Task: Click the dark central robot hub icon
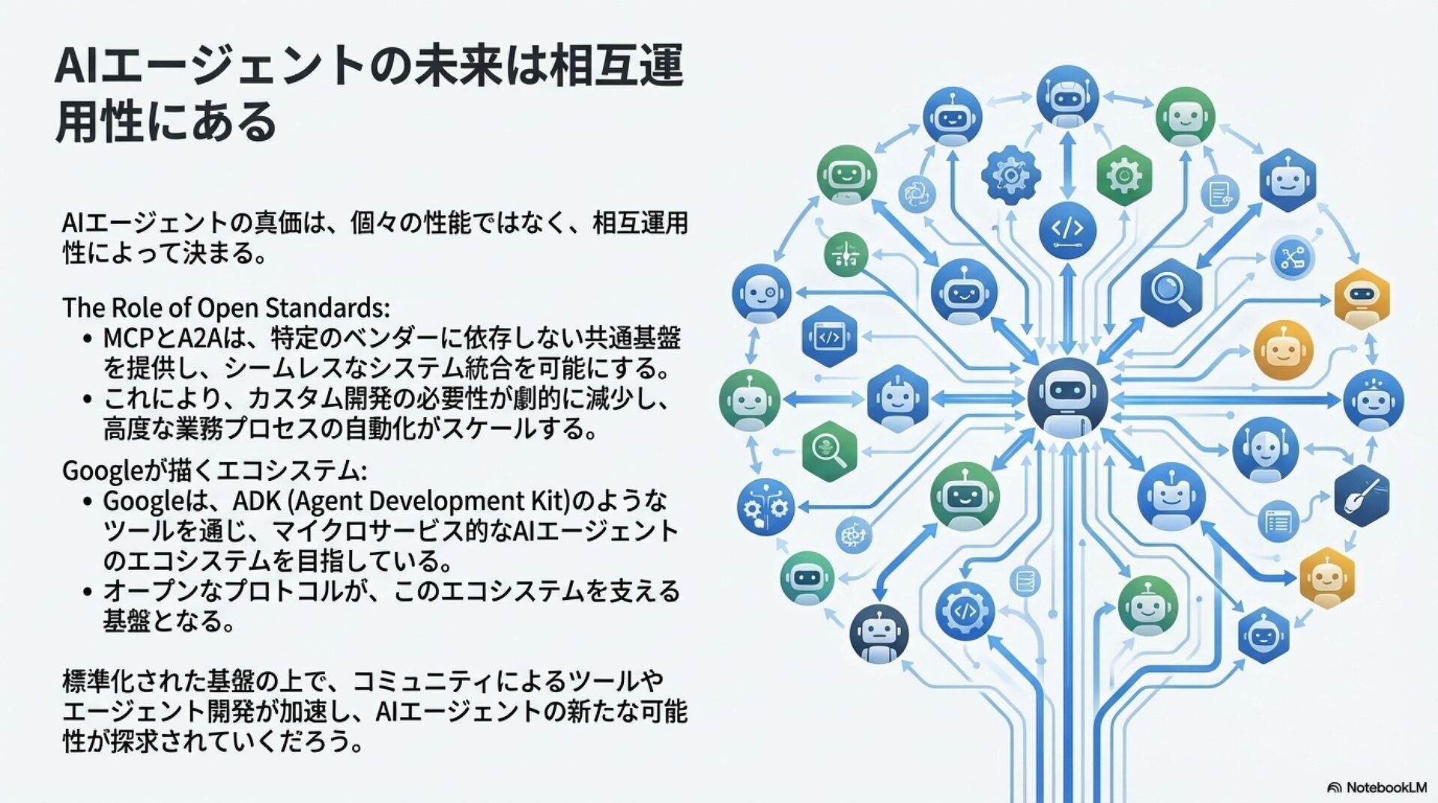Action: click(1067, 398)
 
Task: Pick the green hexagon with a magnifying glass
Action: click(829, 452)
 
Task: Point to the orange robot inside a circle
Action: click(1283, 350)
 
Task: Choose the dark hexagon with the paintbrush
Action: click(1362, 496)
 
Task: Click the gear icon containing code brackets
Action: click(964, 611)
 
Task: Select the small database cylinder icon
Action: click(1024, 581)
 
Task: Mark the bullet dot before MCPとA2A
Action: click(88, 339)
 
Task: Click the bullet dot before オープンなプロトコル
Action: click(88, 592)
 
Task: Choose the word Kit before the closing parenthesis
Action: click(549, 500)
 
